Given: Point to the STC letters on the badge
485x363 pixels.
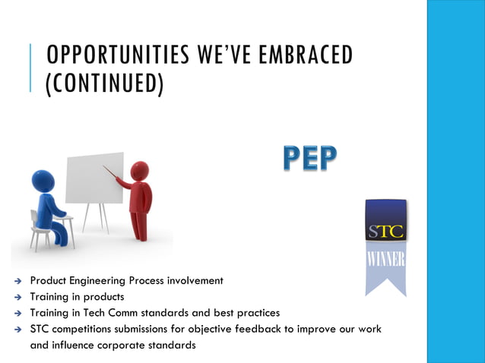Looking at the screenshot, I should coord(385,231).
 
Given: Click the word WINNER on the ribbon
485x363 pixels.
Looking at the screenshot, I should coord(385,259).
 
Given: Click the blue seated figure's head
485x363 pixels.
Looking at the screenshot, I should coord(43,181).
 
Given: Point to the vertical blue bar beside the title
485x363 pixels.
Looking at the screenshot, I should coord(31,68).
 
